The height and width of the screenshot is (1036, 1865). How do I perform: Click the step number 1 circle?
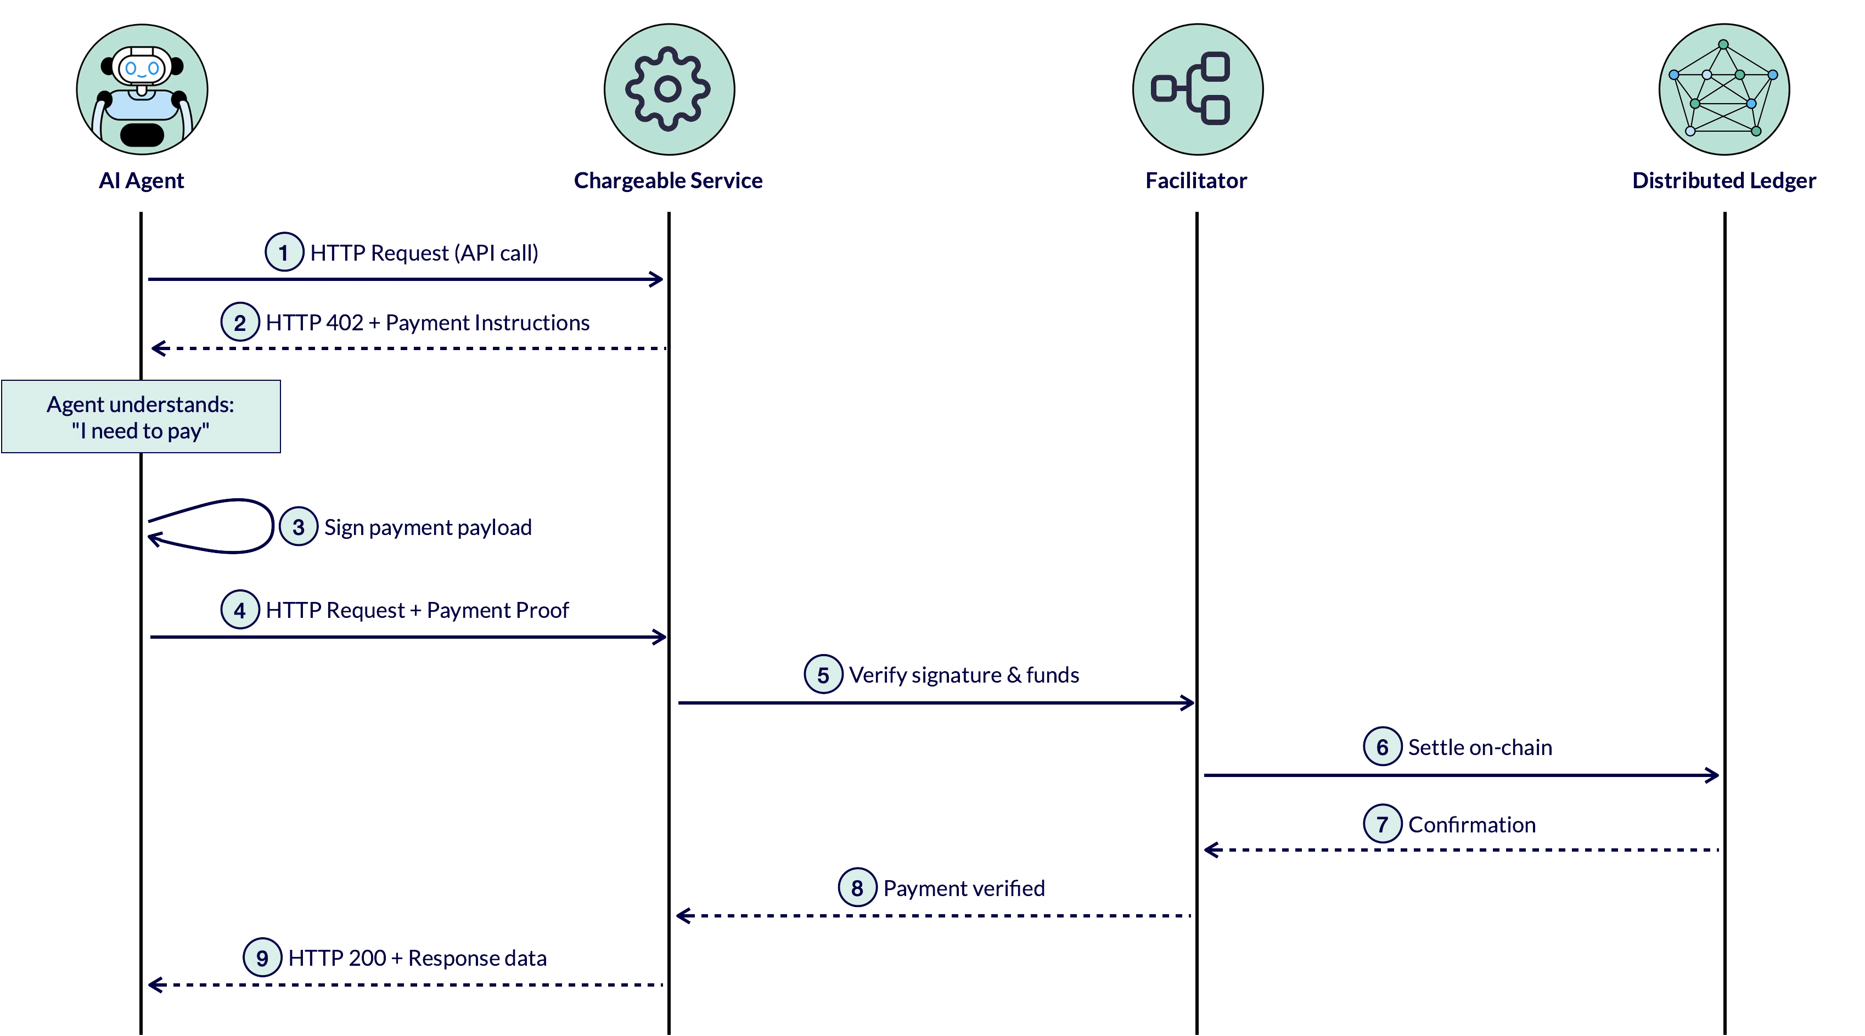[x=284, y=252]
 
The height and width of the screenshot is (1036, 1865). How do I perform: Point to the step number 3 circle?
[x=298, y=526]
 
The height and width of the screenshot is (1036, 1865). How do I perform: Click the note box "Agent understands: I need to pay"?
[x=141, y=416]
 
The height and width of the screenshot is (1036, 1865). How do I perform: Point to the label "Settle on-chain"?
[x=1480, y=747]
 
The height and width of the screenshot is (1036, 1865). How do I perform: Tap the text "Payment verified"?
[x=964, y=888]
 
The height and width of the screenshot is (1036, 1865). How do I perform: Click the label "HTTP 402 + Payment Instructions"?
[x=427, y=322]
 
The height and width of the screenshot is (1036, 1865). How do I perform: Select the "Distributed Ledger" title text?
[x=1724, y=181]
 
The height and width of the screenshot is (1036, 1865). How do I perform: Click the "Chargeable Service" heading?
[x=669, y=181]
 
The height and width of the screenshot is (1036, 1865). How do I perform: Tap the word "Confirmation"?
[x=1472, y=825]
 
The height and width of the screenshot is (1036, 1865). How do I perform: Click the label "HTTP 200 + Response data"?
[x=417, y=958]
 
